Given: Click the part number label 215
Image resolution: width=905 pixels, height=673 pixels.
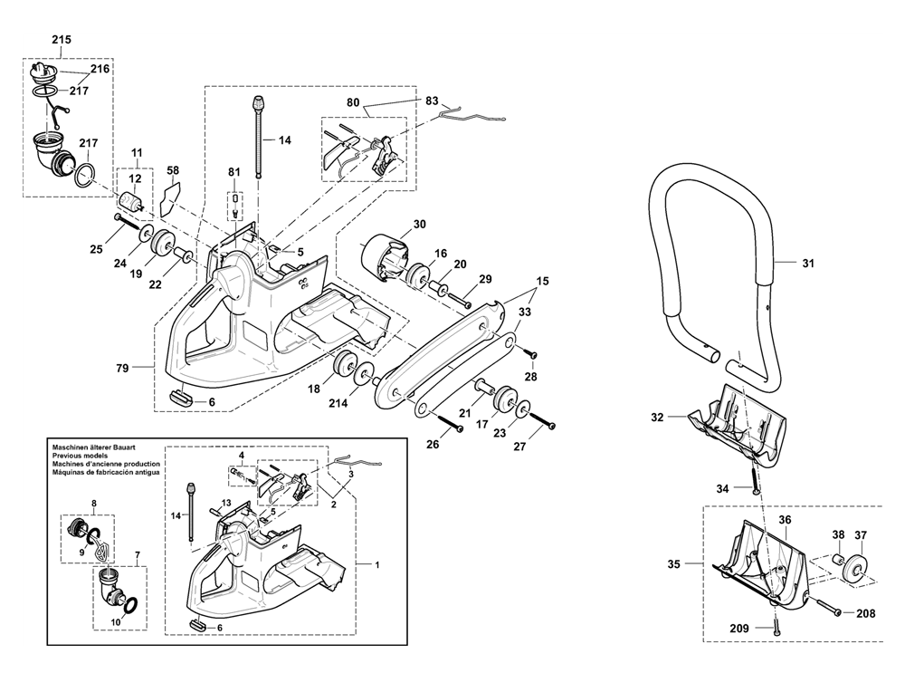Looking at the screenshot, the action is tap(62, 40).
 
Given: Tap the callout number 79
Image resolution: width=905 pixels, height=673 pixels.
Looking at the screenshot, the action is tap(122, 368).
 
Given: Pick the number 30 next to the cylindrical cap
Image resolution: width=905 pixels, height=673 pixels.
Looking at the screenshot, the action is tap(420, 224).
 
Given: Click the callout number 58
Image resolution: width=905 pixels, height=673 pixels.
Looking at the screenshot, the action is tap(173, 170).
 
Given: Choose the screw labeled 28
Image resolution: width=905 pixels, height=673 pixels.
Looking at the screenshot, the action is tap(529, 352).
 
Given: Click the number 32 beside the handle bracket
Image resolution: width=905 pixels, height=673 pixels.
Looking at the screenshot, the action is tap(657, 417).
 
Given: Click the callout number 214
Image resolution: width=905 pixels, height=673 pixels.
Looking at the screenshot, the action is tap(338, 403).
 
